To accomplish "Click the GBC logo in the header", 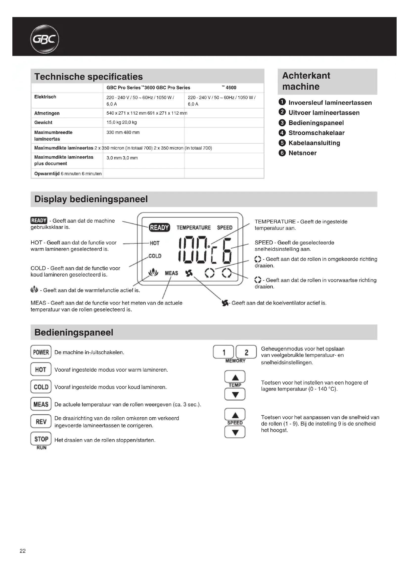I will click(x=45, y=39).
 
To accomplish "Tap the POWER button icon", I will click(x=41, y=352).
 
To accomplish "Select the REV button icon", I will click(x=41, y=421).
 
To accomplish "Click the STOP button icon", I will click(x=41, y=439).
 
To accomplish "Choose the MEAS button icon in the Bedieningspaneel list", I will click(x=41, y=404).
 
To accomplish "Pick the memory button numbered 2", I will click(x=246, y=352).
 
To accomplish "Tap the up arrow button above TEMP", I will click(x=235, y=377).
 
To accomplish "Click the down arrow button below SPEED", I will click(x=235, y=432).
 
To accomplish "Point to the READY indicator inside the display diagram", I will click(x=159, y=227).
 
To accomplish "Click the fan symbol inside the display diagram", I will click(x=189, y=273).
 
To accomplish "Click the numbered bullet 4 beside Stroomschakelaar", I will click(x=282, y=133).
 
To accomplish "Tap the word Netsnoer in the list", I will click(x=302, y=153).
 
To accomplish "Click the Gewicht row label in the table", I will click(x=43, y=122).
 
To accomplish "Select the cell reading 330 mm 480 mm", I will click(x=123, y=132).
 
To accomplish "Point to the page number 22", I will click(x=23, y=551).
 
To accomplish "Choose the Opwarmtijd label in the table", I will click(x=47, y=173).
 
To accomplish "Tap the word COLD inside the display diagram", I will click(x=155, y=256).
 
